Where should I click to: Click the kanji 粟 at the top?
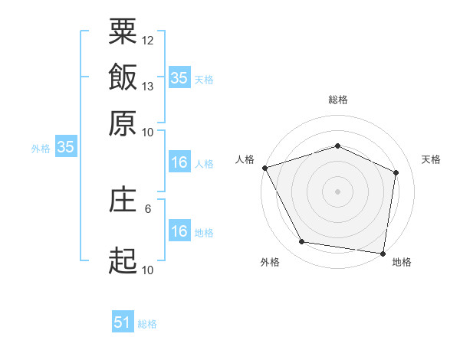click(x=123, y=31)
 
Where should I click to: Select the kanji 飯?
click(x=123, y=77)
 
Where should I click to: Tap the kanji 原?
click(x=123, y=123)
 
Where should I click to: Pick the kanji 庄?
click(x=123, y=198)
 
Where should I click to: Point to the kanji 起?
click(x=123, y=260)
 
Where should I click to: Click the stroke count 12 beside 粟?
click(x=147, y=41)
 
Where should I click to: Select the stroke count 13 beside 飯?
click(x=147, y=87)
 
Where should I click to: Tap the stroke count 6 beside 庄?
click(x=148, y=209)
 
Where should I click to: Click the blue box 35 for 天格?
click(x=179, y=77)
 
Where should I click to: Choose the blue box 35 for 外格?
click(x=66, y=146)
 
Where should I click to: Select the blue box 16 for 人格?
click(x=179, y=162)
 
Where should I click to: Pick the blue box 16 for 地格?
click(x=179, y=230)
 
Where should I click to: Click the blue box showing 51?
click(x=123, y=321)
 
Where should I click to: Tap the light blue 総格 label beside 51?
click(x=147, y=324)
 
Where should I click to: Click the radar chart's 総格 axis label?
click(x=338, y=100)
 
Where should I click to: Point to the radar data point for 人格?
click(x=265, y=168)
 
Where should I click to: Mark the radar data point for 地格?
click(x=383, y=254)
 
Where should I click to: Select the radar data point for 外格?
click(x=302, y=241)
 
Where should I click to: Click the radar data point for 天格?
click(x=396, y=172)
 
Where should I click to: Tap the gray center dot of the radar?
click(x=337, y=191)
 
